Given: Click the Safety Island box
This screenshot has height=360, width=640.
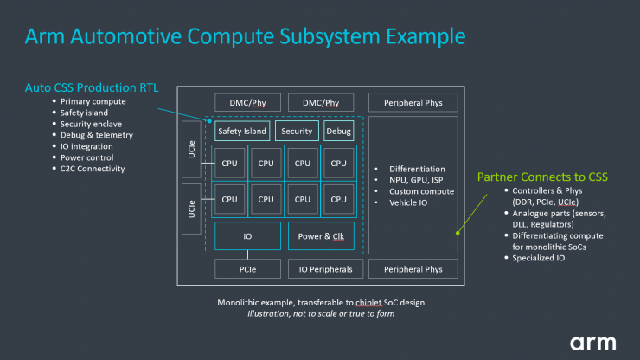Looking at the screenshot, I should point(241,132).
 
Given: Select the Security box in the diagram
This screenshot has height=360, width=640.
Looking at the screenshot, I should point(297,132).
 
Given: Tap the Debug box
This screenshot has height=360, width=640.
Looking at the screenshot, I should point(338,132).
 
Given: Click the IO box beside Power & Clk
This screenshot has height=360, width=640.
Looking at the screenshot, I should point(247,235).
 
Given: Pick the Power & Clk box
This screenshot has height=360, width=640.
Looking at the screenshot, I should point(321,235).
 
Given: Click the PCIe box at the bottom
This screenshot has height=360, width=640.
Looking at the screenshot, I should point(247,269).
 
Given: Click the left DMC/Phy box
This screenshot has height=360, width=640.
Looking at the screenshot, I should point(247,103).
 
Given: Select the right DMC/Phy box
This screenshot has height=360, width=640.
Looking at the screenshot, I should point(321,103).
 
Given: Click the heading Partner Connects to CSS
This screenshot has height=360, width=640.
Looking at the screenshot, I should point(542,177).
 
